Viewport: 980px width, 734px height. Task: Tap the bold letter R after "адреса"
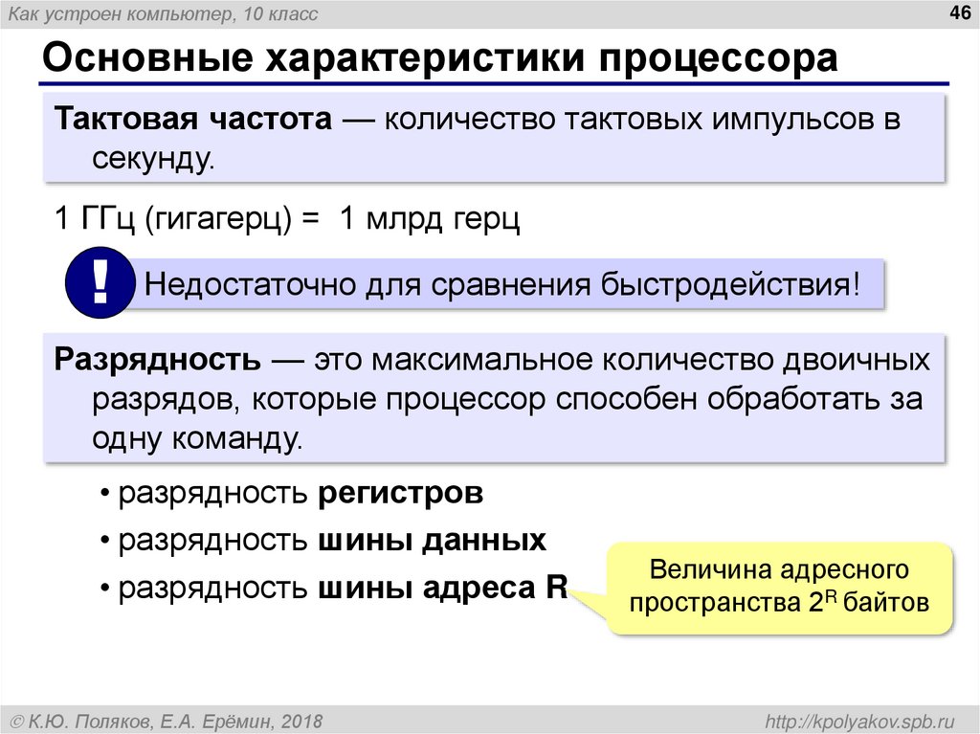pyautogui.click(x=555, y=587)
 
